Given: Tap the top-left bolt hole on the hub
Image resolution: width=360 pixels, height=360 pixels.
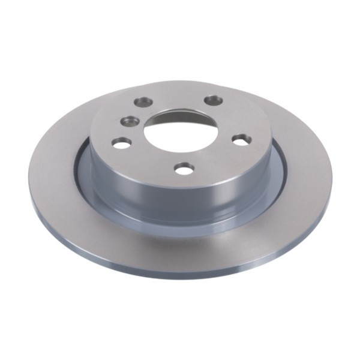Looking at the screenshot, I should coord(143,102).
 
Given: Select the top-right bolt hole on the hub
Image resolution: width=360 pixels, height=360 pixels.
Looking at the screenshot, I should coord(213,100).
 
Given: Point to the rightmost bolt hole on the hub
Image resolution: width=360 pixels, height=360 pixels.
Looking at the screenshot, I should coord(241,140).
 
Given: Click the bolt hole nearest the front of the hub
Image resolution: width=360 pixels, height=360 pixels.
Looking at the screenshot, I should coord(185,169).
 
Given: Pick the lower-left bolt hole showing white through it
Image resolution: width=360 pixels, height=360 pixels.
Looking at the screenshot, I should coord(122,143).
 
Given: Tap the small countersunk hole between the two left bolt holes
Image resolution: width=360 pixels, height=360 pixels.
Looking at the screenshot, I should coord(130,121).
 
